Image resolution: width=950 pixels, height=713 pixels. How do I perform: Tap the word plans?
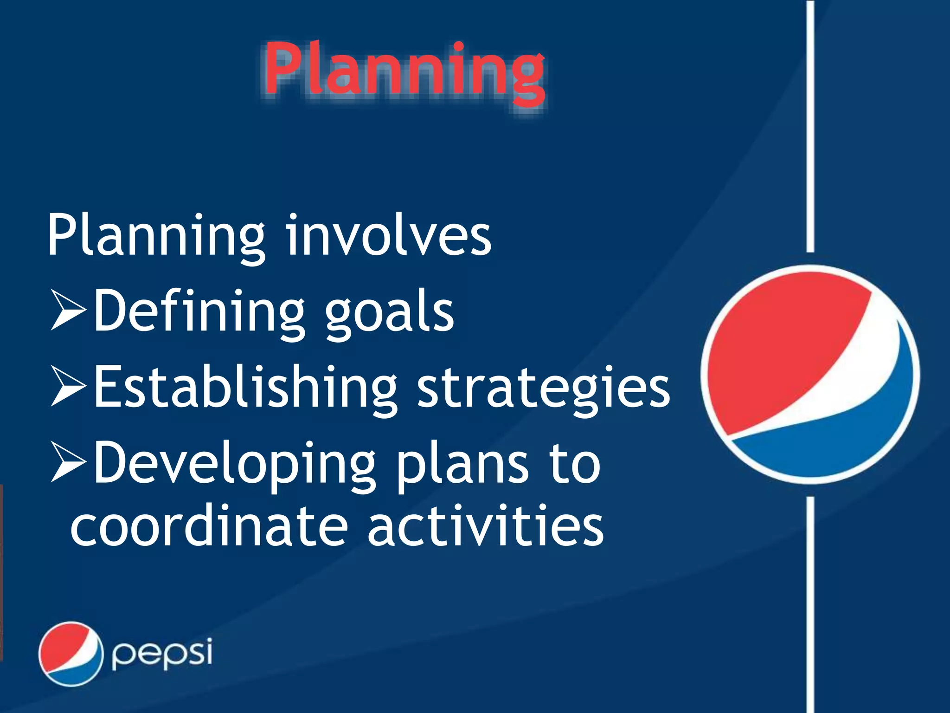pos(462,464)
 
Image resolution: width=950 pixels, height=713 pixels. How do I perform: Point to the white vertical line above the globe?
pos(810,125)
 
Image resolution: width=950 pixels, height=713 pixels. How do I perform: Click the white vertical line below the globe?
pos(810,603)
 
